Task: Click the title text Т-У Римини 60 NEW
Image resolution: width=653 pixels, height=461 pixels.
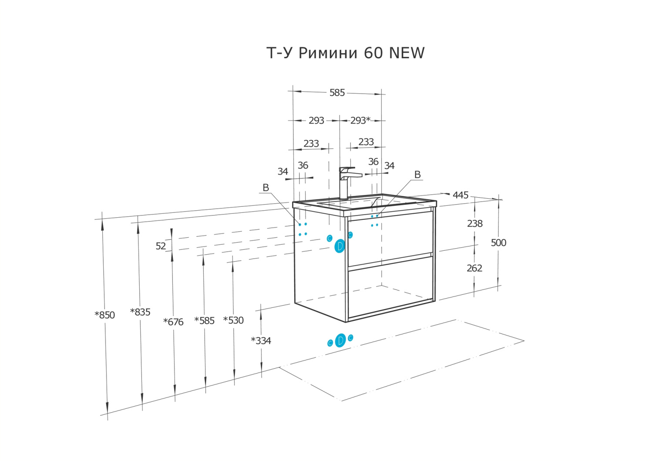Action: click(x=345, y=53)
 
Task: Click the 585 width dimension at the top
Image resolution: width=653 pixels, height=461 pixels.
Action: click(x=337, y=93)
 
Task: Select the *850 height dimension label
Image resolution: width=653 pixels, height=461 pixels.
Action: click(x=105, y=315)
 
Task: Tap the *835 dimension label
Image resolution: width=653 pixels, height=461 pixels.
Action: click(x=140, y=312)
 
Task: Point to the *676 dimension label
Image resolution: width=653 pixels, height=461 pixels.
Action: click(x=173, y=322)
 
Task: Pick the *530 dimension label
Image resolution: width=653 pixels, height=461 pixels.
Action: click(x=233, y=320)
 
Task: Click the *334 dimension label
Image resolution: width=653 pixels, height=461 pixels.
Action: click(x=261, y=340)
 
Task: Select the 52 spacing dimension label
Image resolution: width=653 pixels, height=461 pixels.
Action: click(x=161, y=246)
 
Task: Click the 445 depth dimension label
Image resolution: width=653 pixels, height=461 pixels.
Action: click(x=461, y=195)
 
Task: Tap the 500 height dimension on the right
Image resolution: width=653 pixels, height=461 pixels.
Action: click(x=498, y=242)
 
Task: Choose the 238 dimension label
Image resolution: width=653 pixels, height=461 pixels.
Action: click(x=475, y=223)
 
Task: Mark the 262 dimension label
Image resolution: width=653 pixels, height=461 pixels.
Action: click(x=475, y=268)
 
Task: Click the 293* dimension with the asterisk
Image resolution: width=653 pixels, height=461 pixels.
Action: click(x=360, y=120)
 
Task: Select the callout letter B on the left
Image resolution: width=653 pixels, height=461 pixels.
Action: click(x=266, y=188)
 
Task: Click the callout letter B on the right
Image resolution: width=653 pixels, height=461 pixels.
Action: click(x=417, y=175)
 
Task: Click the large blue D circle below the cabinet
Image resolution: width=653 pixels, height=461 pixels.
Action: click(x=340, y=340)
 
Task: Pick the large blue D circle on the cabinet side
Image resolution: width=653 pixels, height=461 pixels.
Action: click(x=340, y=246)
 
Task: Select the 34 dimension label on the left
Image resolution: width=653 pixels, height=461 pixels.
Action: click(x=283, y=172)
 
